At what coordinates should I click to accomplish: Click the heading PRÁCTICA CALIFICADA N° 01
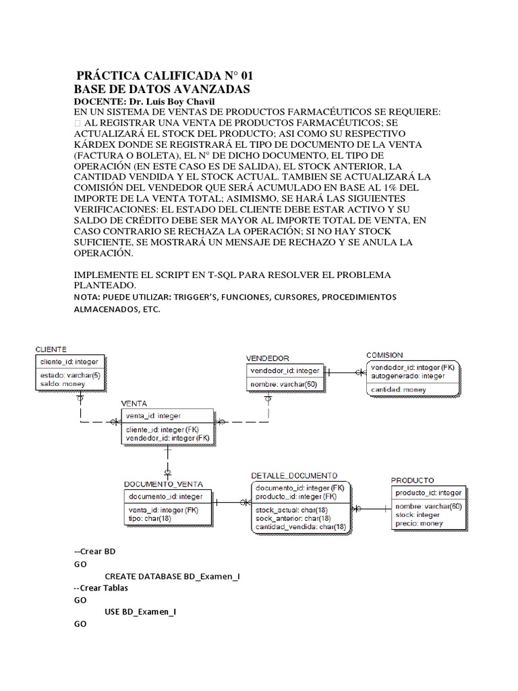[165, 75]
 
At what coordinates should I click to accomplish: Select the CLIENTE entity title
[51, 349]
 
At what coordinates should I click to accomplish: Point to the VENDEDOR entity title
[268, 358]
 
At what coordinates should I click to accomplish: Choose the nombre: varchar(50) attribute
[284, 384]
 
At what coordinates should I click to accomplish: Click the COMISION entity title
[384, 354]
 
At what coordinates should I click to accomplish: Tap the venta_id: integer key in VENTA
[153, 416]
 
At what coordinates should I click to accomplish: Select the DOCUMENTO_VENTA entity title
[163, 484]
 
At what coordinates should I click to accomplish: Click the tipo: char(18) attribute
[150, 519]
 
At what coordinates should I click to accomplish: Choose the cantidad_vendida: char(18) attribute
[301, 526]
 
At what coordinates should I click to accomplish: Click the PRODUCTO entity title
[413, 480]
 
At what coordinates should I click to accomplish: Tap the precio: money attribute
[419, 523]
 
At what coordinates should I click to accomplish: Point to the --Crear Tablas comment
[100, 588]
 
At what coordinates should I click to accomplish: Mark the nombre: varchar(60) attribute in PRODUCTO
[428, 506]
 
